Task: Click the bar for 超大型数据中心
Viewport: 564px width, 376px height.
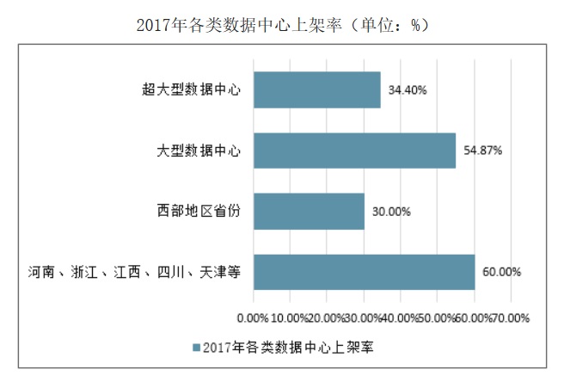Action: click(316, 89)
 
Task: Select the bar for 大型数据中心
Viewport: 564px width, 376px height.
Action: click(354, 150)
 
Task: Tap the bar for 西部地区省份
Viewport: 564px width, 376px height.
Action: click(309, 211)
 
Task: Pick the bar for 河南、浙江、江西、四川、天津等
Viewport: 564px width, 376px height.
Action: click(364, 272)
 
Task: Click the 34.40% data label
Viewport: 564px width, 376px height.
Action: click(408, 89)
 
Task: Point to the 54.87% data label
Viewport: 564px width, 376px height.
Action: click(482, 150)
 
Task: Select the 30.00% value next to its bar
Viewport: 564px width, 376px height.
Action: click(391, 211)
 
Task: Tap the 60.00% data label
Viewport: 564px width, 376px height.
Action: click(501, 272)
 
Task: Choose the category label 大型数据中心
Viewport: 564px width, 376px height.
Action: click(198, 151)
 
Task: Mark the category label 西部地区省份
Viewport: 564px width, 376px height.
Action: click(198, 211)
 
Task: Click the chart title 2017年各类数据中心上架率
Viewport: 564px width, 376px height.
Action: click(282, 25)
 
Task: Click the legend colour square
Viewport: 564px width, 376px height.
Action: click(198, 348)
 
